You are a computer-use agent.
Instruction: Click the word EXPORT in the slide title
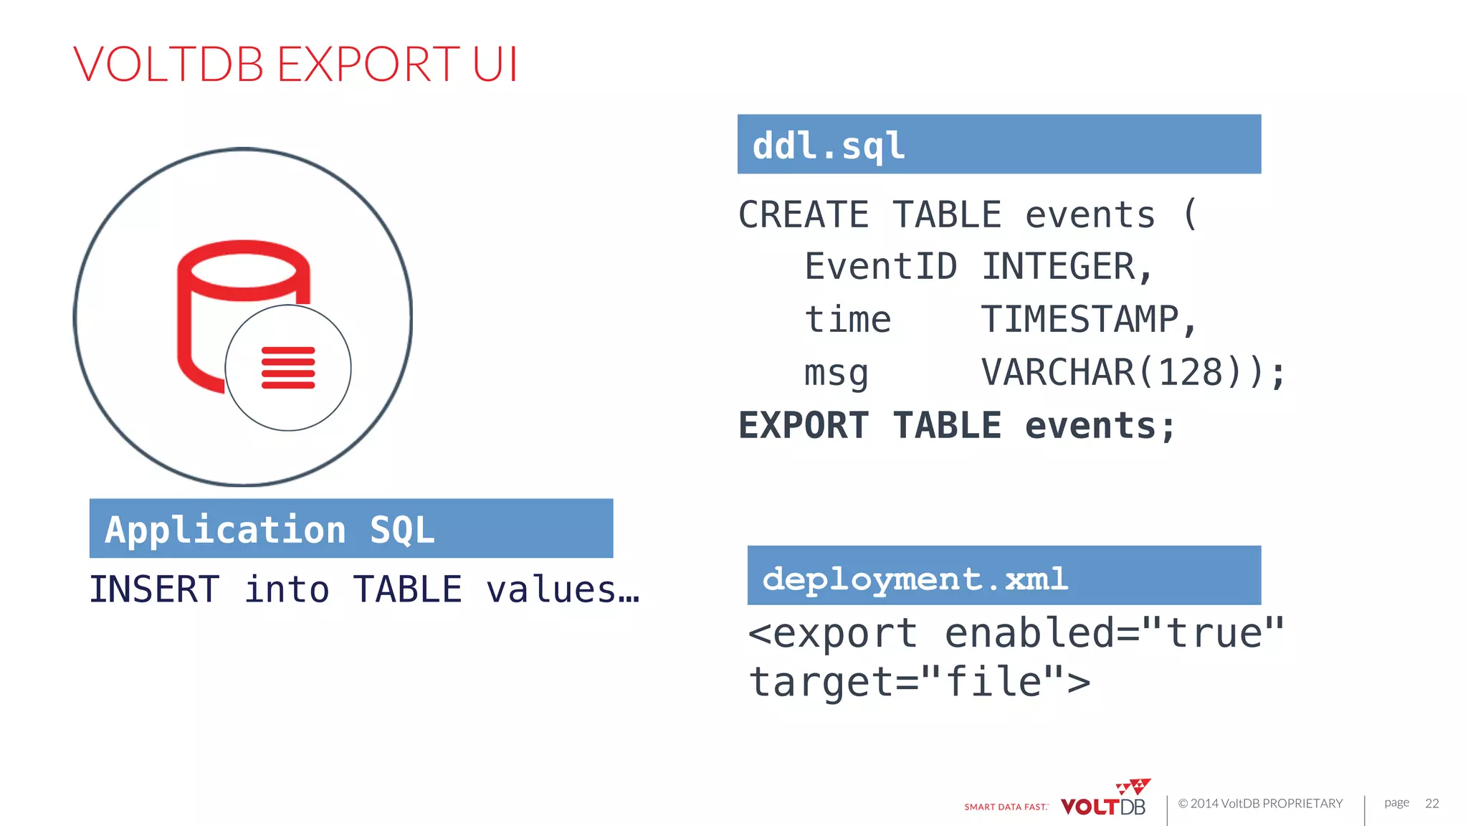click(x=367, y=65)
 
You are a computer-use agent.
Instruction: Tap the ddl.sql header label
click(x=829, y=146)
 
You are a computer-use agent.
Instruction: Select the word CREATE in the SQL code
click(x=803, y=215)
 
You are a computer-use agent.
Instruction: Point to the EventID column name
click(x=880, y=267)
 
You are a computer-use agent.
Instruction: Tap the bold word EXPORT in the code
click(x=803, y=426)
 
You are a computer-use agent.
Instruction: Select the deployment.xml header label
click(x=915, y=579)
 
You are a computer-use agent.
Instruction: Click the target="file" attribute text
click(x=919, y=682)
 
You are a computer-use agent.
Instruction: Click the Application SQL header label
click(x=270, y=531)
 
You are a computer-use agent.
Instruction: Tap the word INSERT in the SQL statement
click(x=154, y=590)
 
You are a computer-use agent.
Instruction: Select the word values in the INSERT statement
click(x=550, y=590)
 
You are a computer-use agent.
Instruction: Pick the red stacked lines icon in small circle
click(x=288, y=368)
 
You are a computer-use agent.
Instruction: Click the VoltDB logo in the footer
click(x=1105, y=802)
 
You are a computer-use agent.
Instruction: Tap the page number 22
click(x=1431, y=803)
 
